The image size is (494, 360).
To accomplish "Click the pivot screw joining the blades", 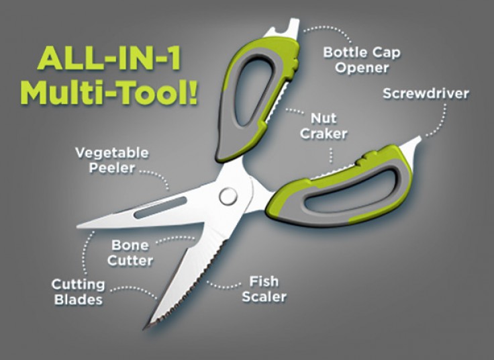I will coord(228,196).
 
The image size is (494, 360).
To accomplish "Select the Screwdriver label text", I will coord(426,93).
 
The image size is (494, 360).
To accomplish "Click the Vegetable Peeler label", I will coord(112,159).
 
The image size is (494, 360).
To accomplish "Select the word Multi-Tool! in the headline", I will coord(109,93).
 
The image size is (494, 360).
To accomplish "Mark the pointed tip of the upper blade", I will coord(80,226).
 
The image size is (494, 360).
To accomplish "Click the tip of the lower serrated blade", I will coord(144,328).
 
